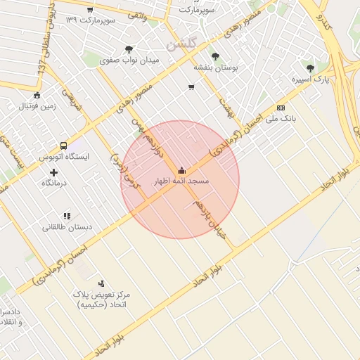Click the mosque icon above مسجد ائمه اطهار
tap(182, 170)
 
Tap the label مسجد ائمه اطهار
tap(182, 181)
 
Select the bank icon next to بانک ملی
tap(281, 108)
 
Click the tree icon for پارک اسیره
tap(310, 68)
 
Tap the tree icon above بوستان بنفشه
tap(215, 56)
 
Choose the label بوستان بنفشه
tap(217, 67)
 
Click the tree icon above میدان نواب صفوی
tap(129, 49)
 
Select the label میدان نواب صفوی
tap(130, 60)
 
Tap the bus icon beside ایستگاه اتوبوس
tap(64, 146)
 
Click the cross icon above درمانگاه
tap(53, 172)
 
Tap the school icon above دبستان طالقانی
tap(67, 216)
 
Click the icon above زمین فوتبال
tap(37, 96)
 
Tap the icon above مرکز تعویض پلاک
tap(102, 283)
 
